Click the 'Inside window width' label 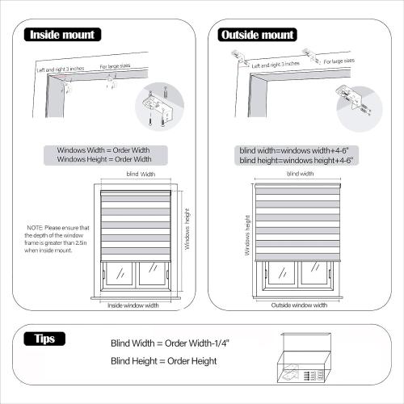pyautogui.click(x=133, y=305)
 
